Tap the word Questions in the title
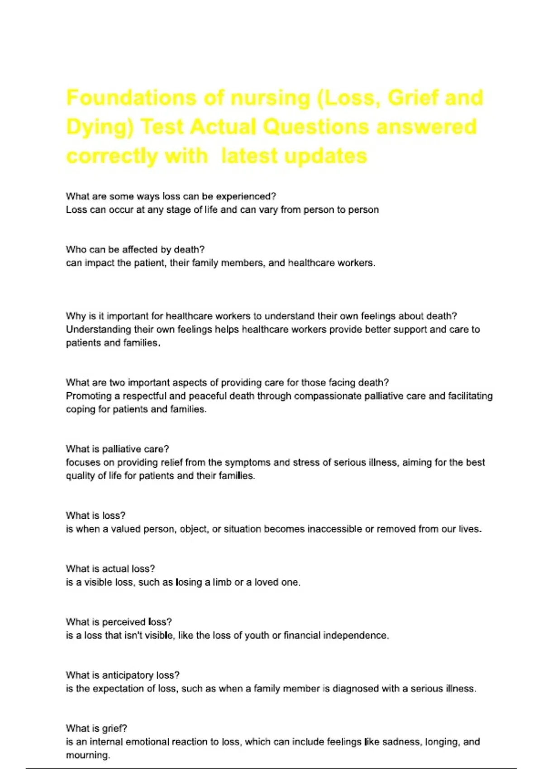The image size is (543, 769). click(x=315, y=127)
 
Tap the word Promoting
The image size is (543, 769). click(x=88, y=396)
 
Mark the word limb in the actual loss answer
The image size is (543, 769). click(x=222, y=583)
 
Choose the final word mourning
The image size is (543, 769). click(x=88, y=755)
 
